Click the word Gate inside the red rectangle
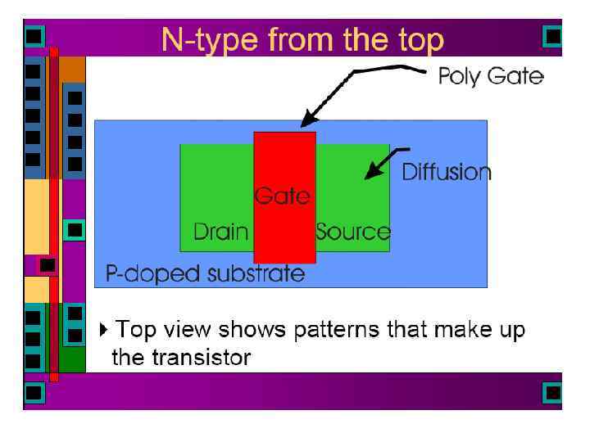tap(282, 196)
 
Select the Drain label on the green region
tap(220, 232)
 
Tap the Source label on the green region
tap(353, 232)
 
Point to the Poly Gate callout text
tap(490, 77)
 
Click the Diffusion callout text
tap(446, 173)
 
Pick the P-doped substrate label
tap(205, 273)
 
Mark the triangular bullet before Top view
tap(102, 330)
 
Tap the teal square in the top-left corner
tap(34, 36)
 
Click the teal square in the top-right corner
tap(553, 36)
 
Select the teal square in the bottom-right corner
tap(553, 393)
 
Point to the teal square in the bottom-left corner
tap(34, 393)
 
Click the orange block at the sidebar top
tap(73, 69)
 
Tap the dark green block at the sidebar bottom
tap(73, 360)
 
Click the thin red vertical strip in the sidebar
tap(54, 213)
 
